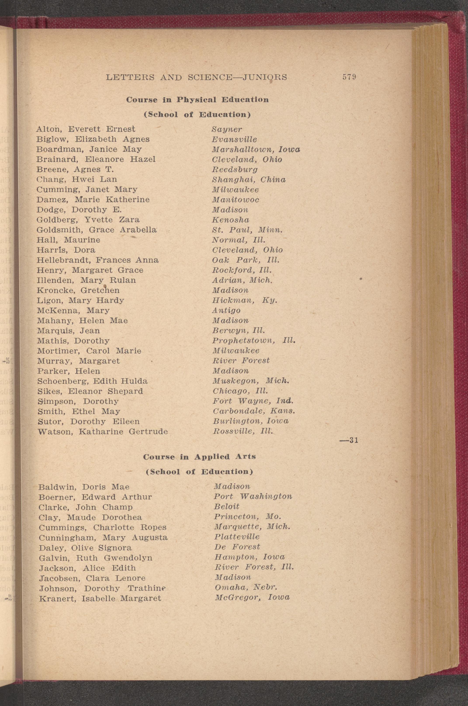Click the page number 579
pos(349,77)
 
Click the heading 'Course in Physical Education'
pos(197,100)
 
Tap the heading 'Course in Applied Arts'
pos(199,457)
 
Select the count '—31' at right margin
pos(349,440)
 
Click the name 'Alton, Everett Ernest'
pos(86,129)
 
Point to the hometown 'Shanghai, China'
pos(249,180)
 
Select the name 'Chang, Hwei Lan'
pos(77,179)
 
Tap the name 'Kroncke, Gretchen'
pos(78,290)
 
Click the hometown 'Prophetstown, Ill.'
pos(254,341)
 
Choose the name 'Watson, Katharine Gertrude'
pos(102,431)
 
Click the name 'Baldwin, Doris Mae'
pos(84,487)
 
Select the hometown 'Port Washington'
pos(253,497)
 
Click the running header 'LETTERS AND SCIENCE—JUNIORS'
pos(196,77)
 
